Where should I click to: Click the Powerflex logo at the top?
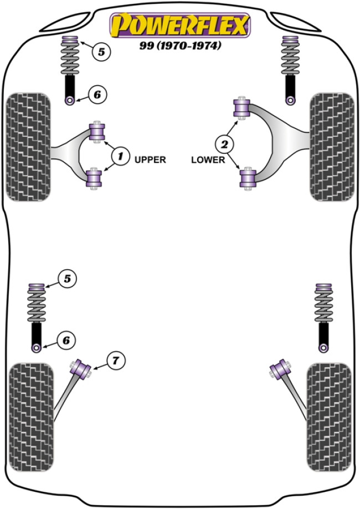(180, 25)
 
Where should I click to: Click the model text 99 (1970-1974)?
(180, 47)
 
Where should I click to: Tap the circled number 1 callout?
(118, 157)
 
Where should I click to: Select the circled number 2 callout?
(224, 145)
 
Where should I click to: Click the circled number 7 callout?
(115, 361)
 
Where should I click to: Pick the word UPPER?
(150, 160)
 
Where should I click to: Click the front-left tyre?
(27, 147)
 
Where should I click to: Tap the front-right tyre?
(331, 147)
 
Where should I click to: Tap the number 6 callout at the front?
(96, 95)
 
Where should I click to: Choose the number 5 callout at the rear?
(67, 279)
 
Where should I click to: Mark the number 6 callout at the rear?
(66, 340)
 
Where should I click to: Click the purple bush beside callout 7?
(83, 369)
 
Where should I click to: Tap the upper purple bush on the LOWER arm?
(242, 107)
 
